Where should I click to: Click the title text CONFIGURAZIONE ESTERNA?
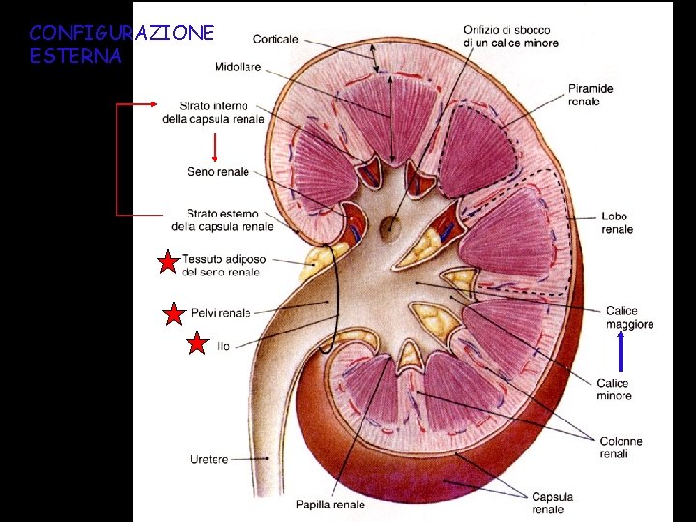pos(122,44)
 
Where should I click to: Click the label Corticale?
pos(275,40)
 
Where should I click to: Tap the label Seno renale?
pos(217,172)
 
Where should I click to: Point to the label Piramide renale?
pos(591,96)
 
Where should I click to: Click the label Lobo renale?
pos(617,223)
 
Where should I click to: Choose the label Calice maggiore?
pos(629,317)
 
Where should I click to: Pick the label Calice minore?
pos(614,389)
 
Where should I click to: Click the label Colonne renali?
pos(621,447)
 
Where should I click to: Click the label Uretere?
pos(210,459)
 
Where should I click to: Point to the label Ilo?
pos(224,346)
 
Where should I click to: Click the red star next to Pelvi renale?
pos(173,313)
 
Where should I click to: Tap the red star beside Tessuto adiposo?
pos(168,261)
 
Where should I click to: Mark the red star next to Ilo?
pos(197,344)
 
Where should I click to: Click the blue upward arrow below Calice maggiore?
pos(621,353)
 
